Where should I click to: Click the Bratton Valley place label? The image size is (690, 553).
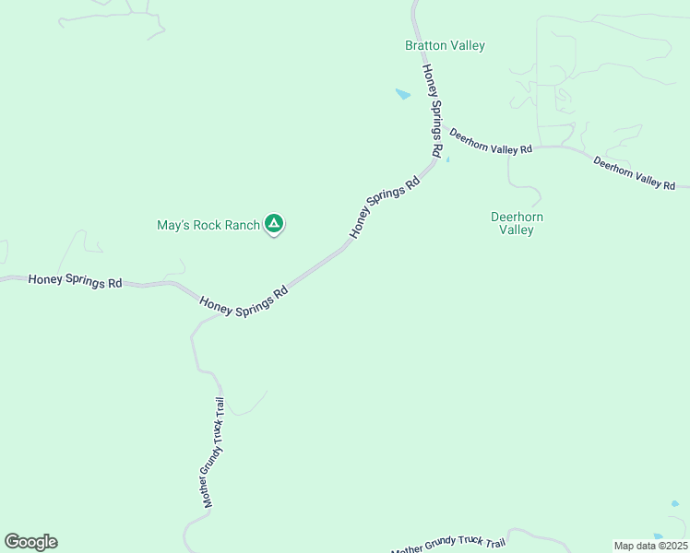click(x=445, y=45)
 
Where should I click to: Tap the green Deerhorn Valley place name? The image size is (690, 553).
click(x=517, y=223)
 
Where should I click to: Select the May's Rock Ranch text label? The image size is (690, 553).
click(x=208, y=225)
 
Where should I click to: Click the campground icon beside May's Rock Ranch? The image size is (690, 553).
click(x=274, y=223)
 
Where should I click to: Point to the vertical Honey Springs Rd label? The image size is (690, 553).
click(x=432, y=109)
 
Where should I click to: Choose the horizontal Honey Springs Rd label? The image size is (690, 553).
click(x=75, y=280)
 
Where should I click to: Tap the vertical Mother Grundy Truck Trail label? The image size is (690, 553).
click(x=214, y=453)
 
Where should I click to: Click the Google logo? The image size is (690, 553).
click(x=30, y=542)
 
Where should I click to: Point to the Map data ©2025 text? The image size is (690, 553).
click(x=651, y=546)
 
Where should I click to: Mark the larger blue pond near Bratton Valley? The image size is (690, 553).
click(x=402, y=94)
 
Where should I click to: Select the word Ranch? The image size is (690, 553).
click(x=243, y=225)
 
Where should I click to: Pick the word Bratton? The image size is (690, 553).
click(x=424, y=45)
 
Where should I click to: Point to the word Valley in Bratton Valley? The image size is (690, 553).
click(x=467, y=45)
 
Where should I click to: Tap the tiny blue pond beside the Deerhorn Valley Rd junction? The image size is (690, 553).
click(x=448, y=159)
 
